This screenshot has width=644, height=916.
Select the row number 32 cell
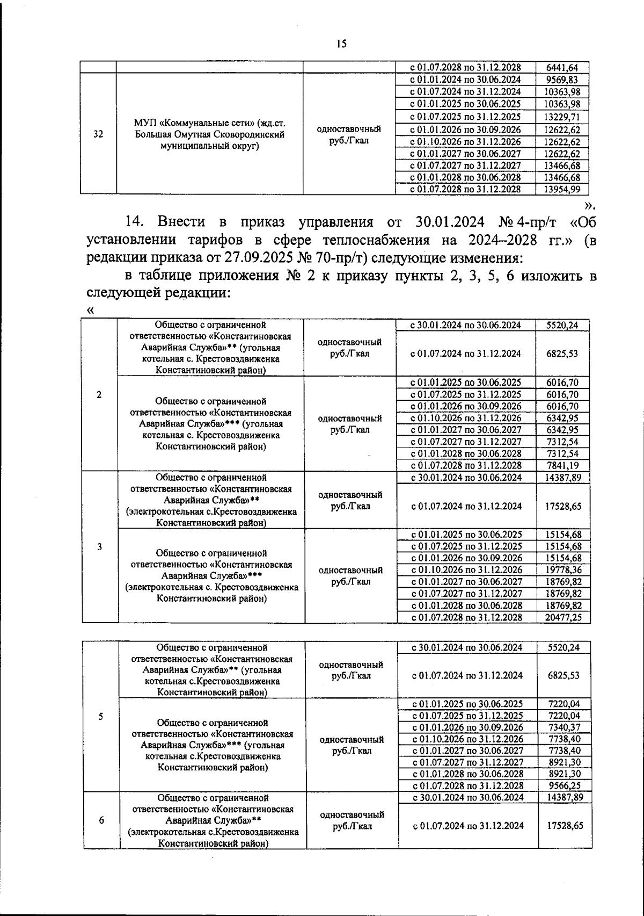(x=98, y=135)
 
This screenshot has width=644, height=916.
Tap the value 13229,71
(x=562, y=117)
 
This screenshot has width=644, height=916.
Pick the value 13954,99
(x=562, y=189)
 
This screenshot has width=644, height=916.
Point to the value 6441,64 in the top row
(x=562, y=68)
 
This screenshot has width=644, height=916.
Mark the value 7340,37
(x=563, y=727)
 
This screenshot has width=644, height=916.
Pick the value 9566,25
(x=563, y=785)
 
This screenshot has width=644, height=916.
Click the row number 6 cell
(x=101, y=820)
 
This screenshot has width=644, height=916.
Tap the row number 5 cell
(x=101, y=717)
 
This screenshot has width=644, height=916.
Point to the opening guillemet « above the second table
(x=90, y=311)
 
